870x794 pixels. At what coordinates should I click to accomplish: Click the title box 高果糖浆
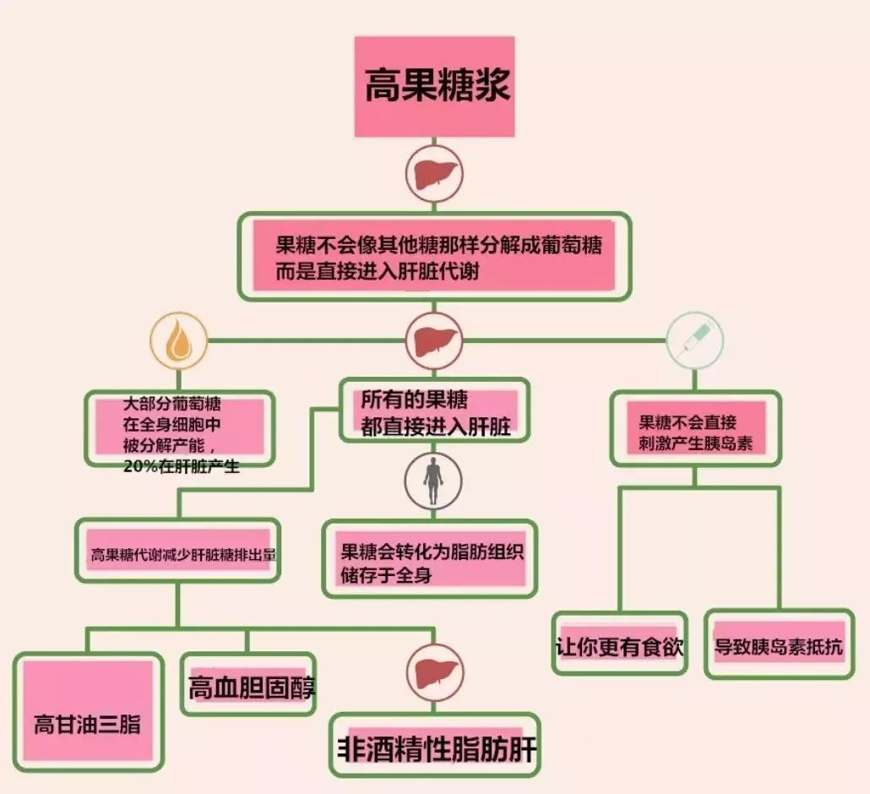[x=435, y=86]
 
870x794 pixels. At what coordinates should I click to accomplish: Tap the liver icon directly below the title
[x=434, y=175]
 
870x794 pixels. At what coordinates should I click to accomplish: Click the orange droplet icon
[x=179, y=341]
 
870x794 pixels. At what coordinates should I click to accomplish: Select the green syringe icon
[x=694, y=340]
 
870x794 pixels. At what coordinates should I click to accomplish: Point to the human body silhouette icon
[x=433, y=480]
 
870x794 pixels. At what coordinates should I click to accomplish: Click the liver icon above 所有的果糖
[x=434, y=341]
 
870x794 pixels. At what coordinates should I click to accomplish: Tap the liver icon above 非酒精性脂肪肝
[x=434, y=672]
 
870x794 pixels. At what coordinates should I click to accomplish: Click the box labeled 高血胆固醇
[x=248, y=684]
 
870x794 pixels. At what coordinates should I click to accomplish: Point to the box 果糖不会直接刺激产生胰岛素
[x=694, y=428]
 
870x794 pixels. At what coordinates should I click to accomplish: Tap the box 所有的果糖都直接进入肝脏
[x=435, y=411]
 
